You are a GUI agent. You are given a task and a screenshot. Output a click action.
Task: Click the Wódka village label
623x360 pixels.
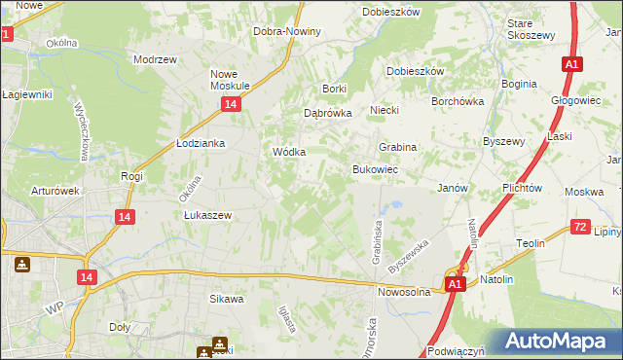click(x=289, y=153)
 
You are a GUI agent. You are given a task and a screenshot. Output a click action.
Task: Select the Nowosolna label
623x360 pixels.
click(x=403, y=291)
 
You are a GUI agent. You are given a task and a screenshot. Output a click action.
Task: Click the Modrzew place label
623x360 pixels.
click(x=155, y=59)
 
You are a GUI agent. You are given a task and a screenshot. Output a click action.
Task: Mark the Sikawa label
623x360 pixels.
click(x=226, y=299)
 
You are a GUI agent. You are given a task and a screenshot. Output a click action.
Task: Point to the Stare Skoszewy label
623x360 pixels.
click(x=531, y=28)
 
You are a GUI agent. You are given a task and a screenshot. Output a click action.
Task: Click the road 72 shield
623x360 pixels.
click(x=580, y=228)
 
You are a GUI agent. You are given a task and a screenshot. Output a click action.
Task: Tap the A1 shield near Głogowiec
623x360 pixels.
click(x=571, y=64)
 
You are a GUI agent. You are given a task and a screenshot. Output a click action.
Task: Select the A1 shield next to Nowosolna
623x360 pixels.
click(x=455, y=284)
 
